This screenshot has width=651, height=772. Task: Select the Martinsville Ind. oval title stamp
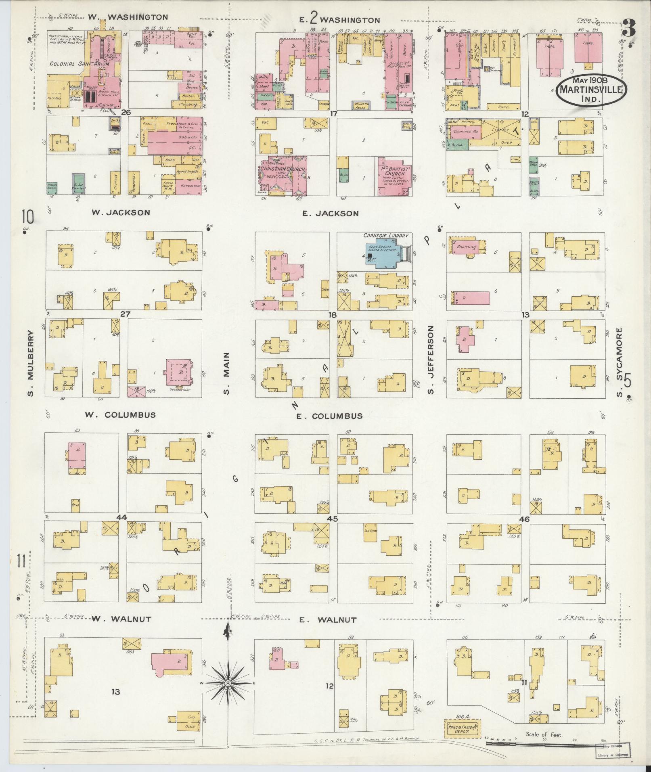click(x=592, y=90)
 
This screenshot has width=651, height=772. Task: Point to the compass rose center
click(x=228, y=683)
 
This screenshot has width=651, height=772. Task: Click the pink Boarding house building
click(x=466, y=247)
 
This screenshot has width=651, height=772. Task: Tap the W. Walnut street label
click(x=121, y=630)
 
